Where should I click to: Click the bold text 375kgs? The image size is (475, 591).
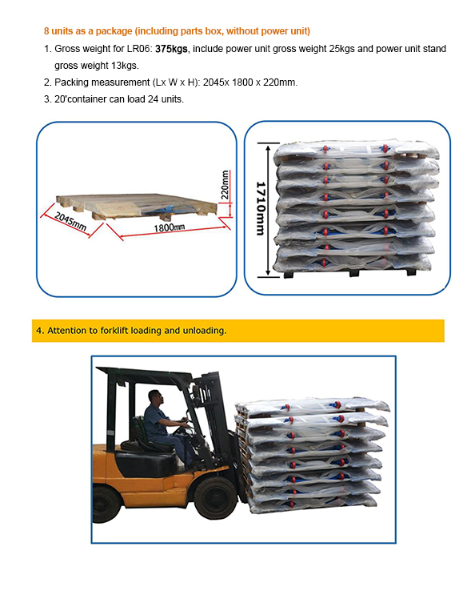[x=171, y=49]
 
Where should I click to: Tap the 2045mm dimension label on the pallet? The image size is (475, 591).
[x=70, y=221]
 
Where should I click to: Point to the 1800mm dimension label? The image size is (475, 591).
[x=170, y=227]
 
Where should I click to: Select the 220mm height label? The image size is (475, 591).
[x=225, y=185]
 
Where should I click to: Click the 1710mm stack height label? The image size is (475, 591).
[x=261, y=208]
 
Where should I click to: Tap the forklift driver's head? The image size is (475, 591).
[x=155, y=397]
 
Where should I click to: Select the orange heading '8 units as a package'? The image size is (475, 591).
[x=88, y=31]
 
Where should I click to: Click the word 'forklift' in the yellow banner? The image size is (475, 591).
[x=114, y=331]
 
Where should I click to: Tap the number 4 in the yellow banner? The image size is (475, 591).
[x=38, y=331]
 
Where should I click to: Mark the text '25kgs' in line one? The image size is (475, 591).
[x=341, y=49]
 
